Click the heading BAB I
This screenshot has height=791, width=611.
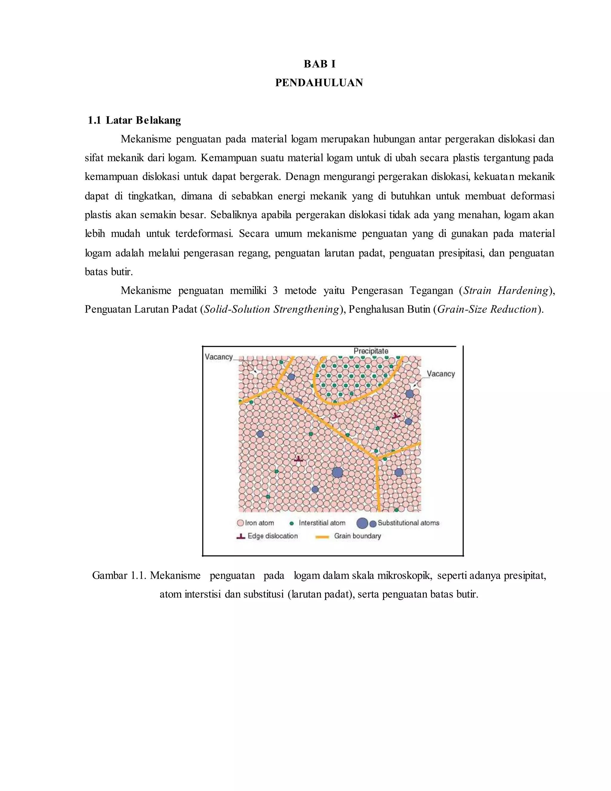click(x=319, y=64)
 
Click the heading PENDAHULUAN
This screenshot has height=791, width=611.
click(x=319, y=83)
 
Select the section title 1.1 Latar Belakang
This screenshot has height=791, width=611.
click(x=134, y=120)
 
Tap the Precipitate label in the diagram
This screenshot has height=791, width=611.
click(x=371, y=351)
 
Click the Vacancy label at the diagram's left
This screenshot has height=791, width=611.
click(x=219, y=357)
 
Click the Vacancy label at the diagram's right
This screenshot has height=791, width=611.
click(x=441, y=374)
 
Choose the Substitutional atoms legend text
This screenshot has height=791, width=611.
click(x=408, y=523)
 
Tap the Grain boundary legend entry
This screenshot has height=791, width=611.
click(x=357, y=536)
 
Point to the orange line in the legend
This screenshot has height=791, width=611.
click(x=322, y=537)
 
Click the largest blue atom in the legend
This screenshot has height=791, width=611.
click(x=362, y=523)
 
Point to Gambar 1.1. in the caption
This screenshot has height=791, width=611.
click(x=119, y=575)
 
